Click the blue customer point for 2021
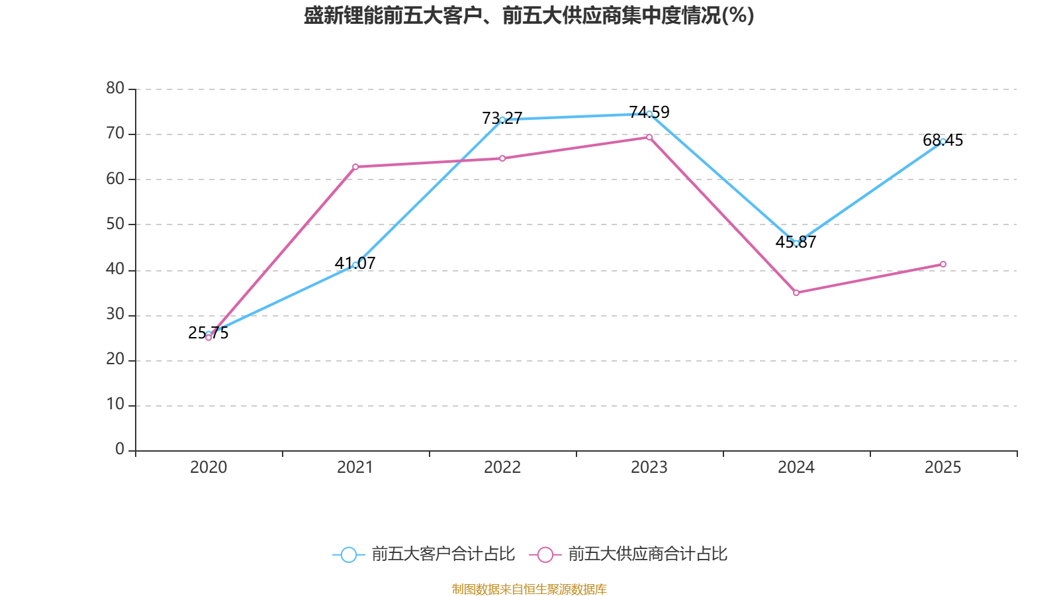point(355,265)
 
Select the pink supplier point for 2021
point(355,167)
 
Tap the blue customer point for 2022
point(502,120)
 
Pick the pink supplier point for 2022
point(502,158)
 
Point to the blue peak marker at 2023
point(649,114)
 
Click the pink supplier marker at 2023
point(649,137)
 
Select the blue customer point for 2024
point(796,243)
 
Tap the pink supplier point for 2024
point(796,293)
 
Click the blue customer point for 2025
point(943,141)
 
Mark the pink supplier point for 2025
point(943,264)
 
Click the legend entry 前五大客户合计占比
point(424,554)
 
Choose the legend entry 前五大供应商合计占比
point(629,554)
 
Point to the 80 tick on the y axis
point(115,88)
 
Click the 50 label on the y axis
point(115,224)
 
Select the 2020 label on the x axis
point(208,468)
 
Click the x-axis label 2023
point(649,468)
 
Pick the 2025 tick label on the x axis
point(943,468)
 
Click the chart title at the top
point(529,15)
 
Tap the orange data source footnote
point(529,589)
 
